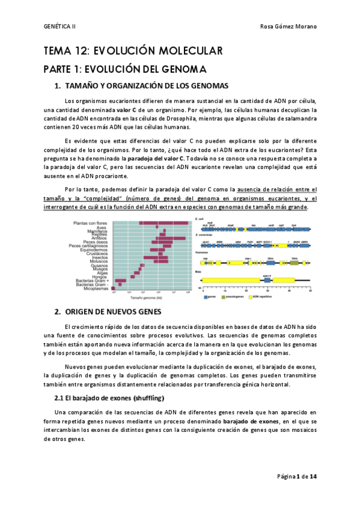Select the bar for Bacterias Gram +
coord(121,280)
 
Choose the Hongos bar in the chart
coord(132,276)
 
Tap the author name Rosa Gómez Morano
coord(288,26)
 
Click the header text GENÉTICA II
coord(60,26)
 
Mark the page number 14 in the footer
coord(313,476)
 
